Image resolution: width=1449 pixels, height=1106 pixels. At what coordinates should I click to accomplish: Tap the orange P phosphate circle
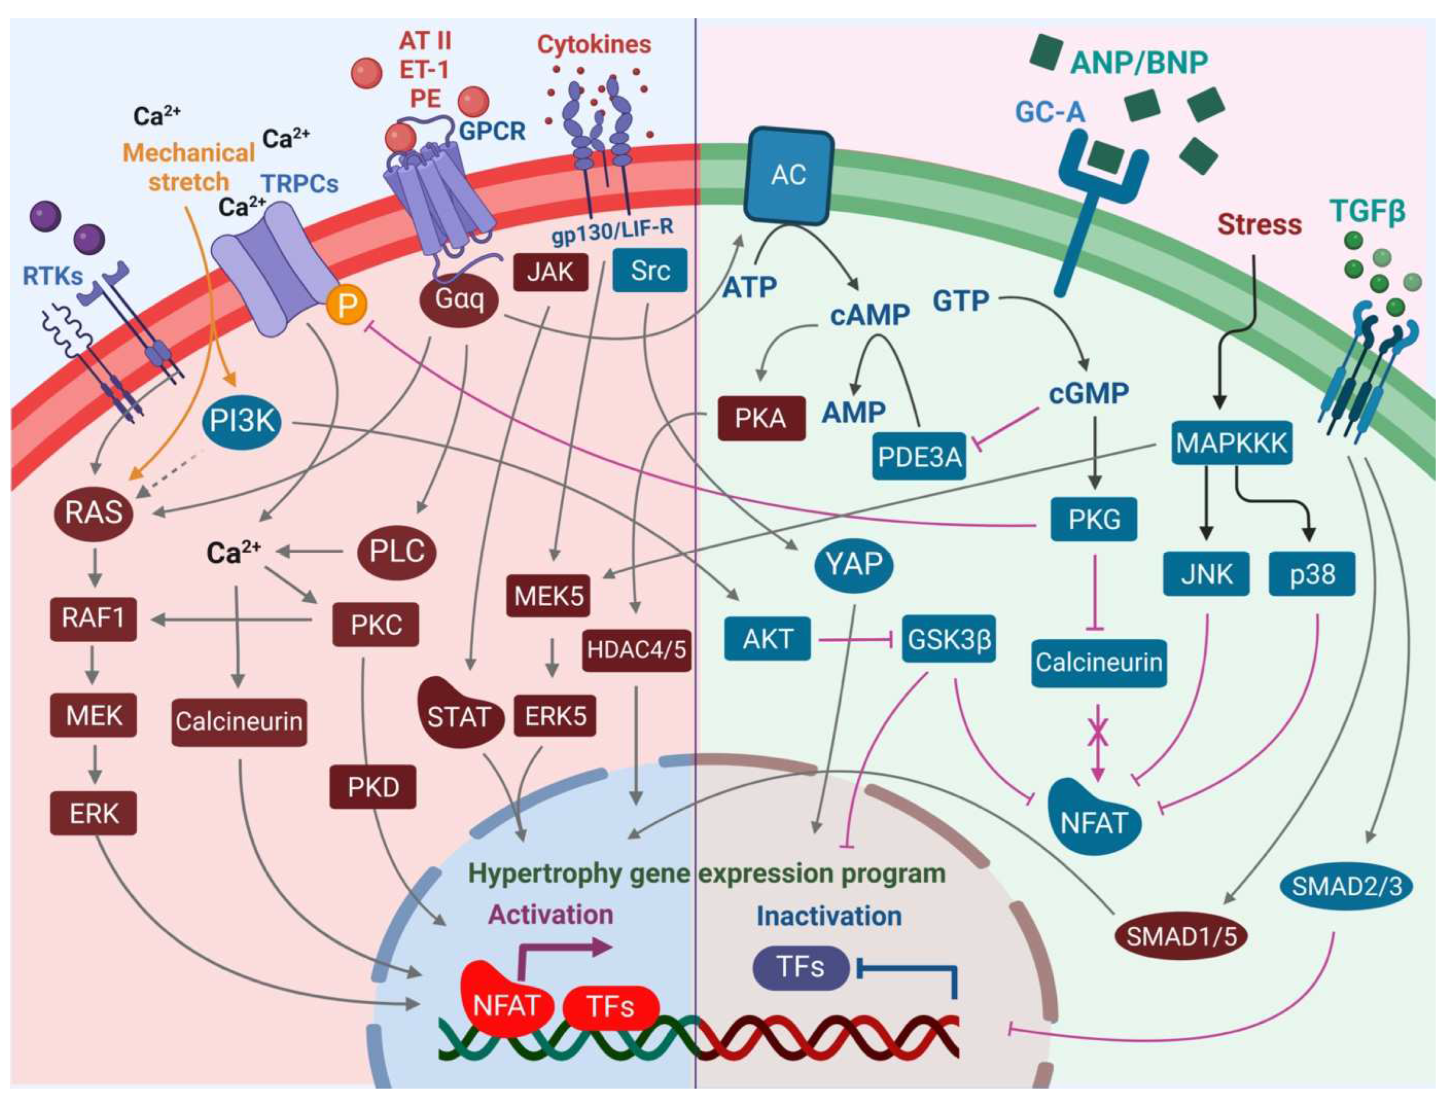(347, 305)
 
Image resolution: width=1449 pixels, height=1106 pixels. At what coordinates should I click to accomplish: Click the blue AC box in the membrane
(788, 176)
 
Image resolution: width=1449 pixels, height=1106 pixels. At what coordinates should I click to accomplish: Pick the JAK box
(550, 271)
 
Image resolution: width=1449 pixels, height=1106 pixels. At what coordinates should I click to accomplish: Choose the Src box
(650, 271)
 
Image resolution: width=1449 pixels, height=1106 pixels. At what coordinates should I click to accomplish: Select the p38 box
(1312, 574)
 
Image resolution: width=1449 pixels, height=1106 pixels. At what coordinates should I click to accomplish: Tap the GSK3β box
(948, 639)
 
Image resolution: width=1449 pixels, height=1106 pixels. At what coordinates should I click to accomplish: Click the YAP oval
(854, 564)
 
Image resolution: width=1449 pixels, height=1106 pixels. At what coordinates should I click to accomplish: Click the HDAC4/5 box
(636, 650)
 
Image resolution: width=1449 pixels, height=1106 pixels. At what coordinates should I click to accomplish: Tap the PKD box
(373, 787)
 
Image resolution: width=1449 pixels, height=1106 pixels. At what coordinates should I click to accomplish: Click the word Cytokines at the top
(593, 45)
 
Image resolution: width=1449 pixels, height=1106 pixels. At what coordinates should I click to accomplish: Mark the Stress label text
(1259, 225)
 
